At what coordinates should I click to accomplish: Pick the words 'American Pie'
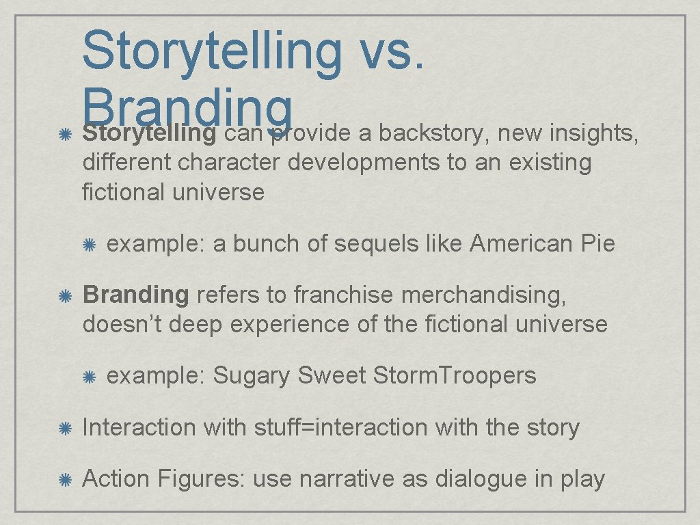click(x=543, y=243)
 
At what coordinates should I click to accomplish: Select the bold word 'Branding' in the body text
click(x=135, y=295)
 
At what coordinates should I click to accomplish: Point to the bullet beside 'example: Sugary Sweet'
click(x=88, y=376)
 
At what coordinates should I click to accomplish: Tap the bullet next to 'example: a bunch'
click(x=88, y=244)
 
